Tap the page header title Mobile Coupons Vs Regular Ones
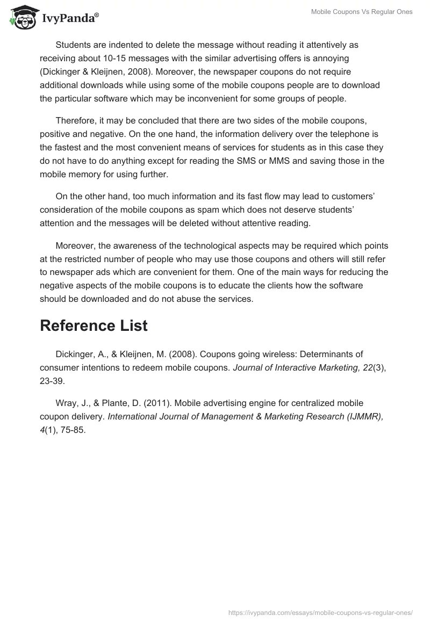pyautogui.click(x=362, y=12)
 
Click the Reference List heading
pyautogui.click(x=94, y=325)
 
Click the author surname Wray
pyautogui.click(x=66, y=403)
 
